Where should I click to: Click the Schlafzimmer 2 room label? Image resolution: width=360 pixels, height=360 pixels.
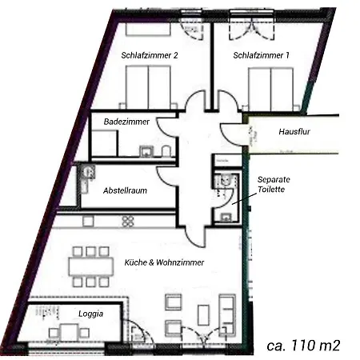click(149, 55)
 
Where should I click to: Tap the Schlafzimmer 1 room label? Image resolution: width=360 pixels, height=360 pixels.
click(261, 55)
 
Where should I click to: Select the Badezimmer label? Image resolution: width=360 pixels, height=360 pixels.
click(128, 121)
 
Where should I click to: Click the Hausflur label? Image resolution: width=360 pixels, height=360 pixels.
click(294, 130)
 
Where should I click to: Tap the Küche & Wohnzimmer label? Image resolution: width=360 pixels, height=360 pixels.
click(163, 262)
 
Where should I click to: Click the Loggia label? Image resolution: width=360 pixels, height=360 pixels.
click(90, 314)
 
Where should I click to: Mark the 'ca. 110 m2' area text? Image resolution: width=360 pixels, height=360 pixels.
click(303, 346)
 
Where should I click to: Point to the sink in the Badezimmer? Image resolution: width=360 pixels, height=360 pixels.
click(145, 150)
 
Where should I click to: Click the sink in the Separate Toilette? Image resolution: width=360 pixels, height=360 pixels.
click(226, 181)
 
